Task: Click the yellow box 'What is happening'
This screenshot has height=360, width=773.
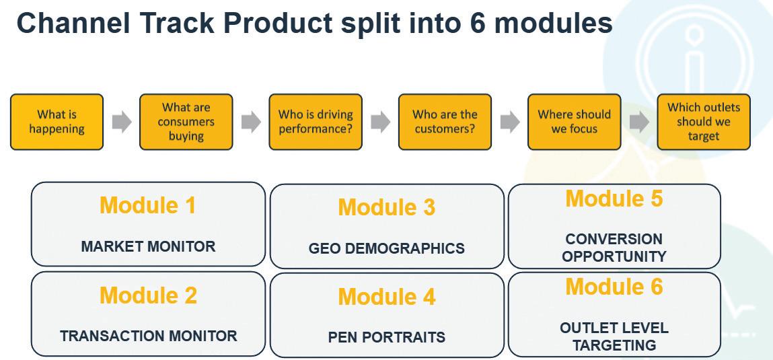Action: point(57,122)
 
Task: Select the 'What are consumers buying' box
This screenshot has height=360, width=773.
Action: point(186,122)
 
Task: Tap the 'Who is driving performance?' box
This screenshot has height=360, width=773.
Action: point(316,122)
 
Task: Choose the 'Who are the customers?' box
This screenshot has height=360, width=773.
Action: point(445,122)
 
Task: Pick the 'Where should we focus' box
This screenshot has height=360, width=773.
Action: point(575,122)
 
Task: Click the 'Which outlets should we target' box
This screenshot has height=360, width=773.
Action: point(704,122)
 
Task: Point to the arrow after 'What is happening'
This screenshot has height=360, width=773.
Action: point(122,122)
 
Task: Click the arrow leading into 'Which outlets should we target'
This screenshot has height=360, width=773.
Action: point(639,122)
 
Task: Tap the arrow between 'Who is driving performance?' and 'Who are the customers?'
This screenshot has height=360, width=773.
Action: point(381,122)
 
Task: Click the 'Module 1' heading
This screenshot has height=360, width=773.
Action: point(148,205)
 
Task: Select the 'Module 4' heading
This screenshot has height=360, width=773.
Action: point(387,297)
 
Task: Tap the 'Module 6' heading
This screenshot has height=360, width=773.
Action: point(614,287)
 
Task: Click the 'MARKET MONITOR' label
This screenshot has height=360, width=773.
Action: point(149,246)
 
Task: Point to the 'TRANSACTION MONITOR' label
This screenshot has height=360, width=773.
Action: point(149,336)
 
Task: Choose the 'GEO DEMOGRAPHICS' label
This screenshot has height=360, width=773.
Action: point(387,248)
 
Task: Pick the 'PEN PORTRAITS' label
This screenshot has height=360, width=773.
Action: point(387,337)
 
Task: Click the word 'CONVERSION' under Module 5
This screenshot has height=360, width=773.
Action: point(614,239)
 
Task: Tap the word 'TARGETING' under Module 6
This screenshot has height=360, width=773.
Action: point(614,345)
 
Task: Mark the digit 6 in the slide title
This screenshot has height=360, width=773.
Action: point(478,23)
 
